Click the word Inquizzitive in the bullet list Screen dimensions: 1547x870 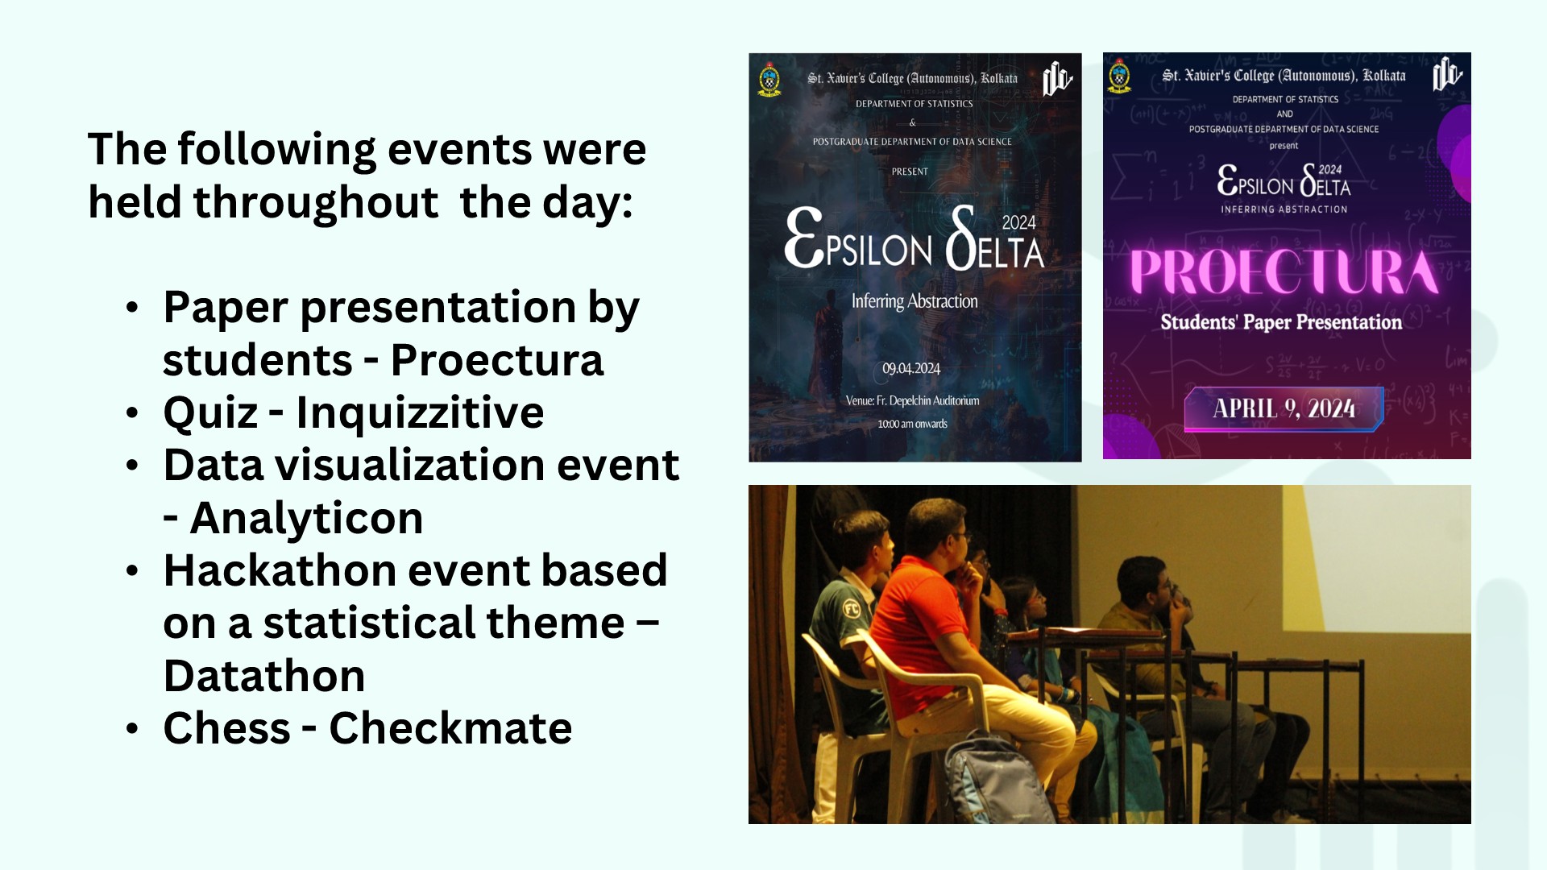pos(420,413)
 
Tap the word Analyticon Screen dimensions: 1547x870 pos(306,517)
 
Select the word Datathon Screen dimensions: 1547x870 pos(264,675)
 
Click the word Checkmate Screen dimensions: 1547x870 pos(450,728)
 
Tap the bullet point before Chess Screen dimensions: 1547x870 pos(133,729)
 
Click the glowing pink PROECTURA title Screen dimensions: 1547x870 pos(1284,272)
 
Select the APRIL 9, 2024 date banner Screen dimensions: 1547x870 pos(1284,408)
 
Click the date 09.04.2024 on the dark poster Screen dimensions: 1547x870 pos(911,368)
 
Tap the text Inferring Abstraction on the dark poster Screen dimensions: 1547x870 pos(915,301)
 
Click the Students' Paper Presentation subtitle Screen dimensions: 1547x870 pos(1281,322)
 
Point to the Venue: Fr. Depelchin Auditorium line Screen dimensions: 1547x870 pos(912,400)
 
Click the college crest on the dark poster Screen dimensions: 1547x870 pos(770,80)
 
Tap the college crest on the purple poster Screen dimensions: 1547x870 pos(1119,77)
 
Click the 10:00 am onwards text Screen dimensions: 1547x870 pos(912,424)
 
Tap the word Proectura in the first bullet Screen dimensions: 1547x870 pos(497,360)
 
